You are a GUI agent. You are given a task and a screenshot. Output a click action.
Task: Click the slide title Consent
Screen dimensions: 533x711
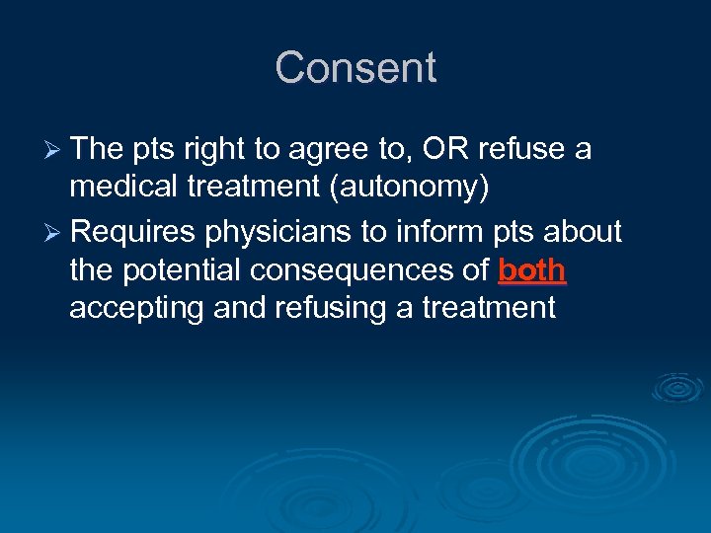[355, 68]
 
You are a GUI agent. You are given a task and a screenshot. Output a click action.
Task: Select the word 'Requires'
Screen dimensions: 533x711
[134, 233]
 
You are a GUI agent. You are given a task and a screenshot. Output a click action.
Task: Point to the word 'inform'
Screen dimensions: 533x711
[432, 232]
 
